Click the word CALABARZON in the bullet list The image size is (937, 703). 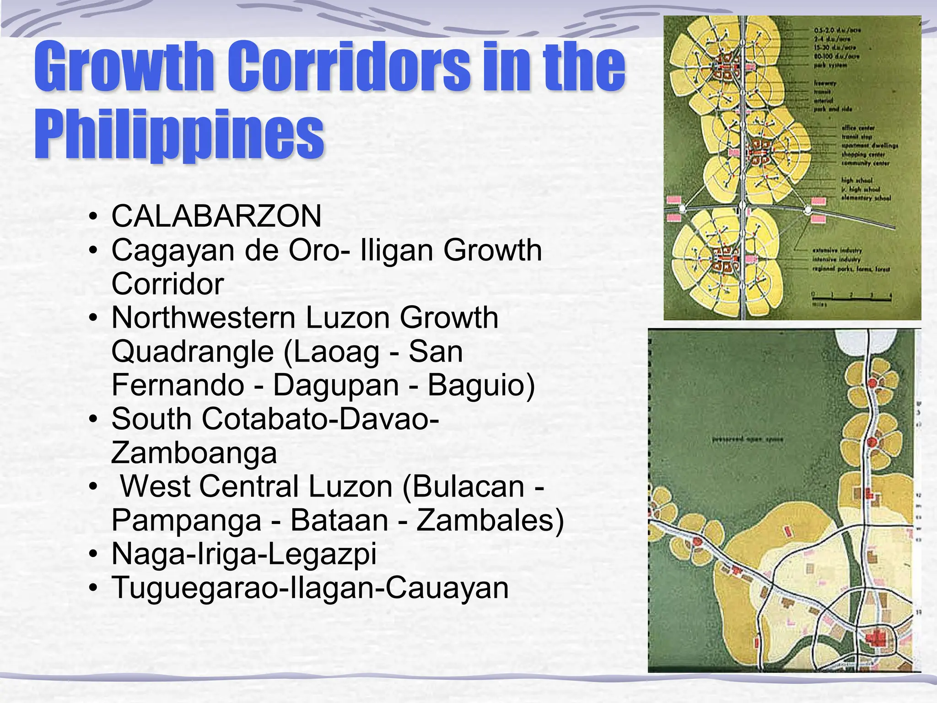[x=216, y=216]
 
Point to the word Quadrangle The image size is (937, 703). [x=193, y=351]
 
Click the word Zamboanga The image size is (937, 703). [x=194, y=453]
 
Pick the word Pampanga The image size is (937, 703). [x=187, y=520]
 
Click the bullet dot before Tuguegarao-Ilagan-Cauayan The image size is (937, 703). [x=93, y=588]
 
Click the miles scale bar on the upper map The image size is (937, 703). [x=851, y=298]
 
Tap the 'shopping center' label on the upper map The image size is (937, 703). [x=863, y=155]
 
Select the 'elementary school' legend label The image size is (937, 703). [x=866, y=198]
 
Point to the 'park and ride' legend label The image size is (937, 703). [x=832, y=109]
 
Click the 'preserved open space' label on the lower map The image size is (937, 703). [x=748, y=440]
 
